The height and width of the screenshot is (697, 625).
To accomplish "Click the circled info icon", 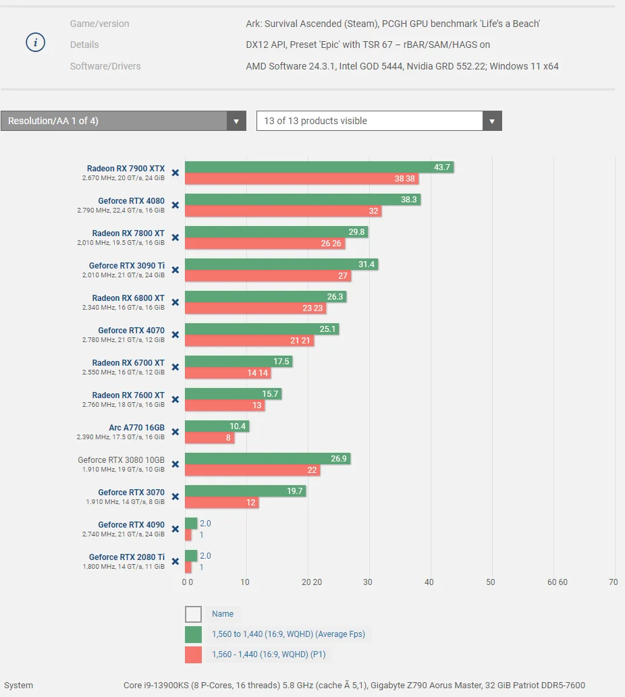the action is (36, 43).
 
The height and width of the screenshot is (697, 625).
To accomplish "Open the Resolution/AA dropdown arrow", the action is (236, 121).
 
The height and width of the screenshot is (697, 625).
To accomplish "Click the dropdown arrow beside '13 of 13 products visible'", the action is (492, 121).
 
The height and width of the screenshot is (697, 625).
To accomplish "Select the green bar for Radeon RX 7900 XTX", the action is (319, 167).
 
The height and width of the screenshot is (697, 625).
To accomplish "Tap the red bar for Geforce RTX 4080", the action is (283, 211).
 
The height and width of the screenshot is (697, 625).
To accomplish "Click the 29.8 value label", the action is (356, 232).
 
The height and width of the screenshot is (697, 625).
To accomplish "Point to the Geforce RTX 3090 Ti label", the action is (127, 265).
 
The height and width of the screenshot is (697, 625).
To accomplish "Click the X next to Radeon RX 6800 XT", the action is (175, 302).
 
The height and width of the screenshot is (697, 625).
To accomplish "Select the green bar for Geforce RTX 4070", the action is (262, 329).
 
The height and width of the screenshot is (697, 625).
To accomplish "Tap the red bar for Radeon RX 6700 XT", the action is (228, 373).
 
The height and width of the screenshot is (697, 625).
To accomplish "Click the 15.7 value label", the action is (270, 394).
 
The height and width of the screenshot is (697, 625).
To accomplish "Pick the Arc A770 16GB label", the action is (137, 428).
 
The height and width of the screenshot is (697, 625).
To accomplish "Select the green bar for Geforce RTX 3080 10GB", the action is (267, 458).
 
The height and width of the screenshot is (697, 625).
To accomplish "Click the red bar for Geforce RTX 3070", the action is (222, 502).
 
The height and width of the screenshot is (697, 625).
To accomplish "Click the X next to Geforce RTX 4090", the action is (175, 529).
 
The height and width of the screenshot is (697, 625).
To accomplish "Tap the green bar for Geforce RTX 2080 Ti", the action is (191, 556).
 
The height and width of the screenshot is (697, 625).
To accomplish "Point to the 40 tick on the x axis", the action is (429, 582).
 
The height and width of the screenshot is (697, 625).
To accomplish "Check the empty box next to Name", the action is (193, 614).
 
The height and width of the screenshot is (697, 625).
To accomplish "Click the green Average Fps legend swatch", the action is (193, 634).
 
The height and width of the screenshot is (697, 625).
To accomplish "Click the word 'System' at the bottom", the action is (19, 686).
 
